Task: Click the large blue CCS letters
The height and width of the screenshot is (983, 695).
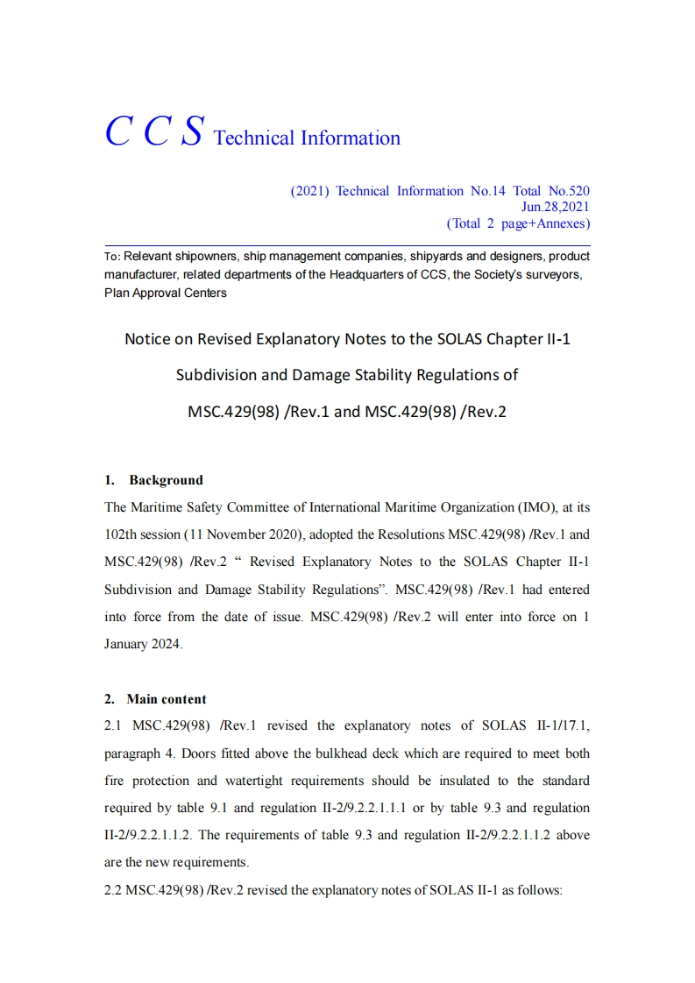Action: [154, 132]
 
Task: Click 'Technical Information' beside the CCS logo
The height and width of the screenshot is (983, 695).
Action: [307, 138]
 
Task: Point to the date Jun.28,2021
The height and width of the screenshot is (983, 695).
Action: [555, 207]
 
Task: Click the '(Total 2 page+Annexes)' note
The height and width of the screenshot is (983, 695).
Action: [518, 223]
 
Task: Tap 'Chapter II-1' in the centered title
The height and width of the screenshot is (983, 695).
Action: [528, 339]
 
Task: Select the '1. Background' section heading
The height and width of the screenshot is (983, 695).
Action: [153, 480]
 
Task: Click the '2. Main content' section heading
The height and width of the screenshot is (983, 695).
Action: [155, 699]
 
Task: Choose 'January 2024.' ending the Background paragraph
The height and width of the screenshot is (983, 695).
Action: [144, 643]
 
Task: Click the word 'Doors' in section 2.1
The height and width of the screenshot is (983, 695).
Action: [197, 753]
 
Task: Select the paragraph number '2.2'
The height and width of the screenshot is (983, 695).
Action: [113, 889]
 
